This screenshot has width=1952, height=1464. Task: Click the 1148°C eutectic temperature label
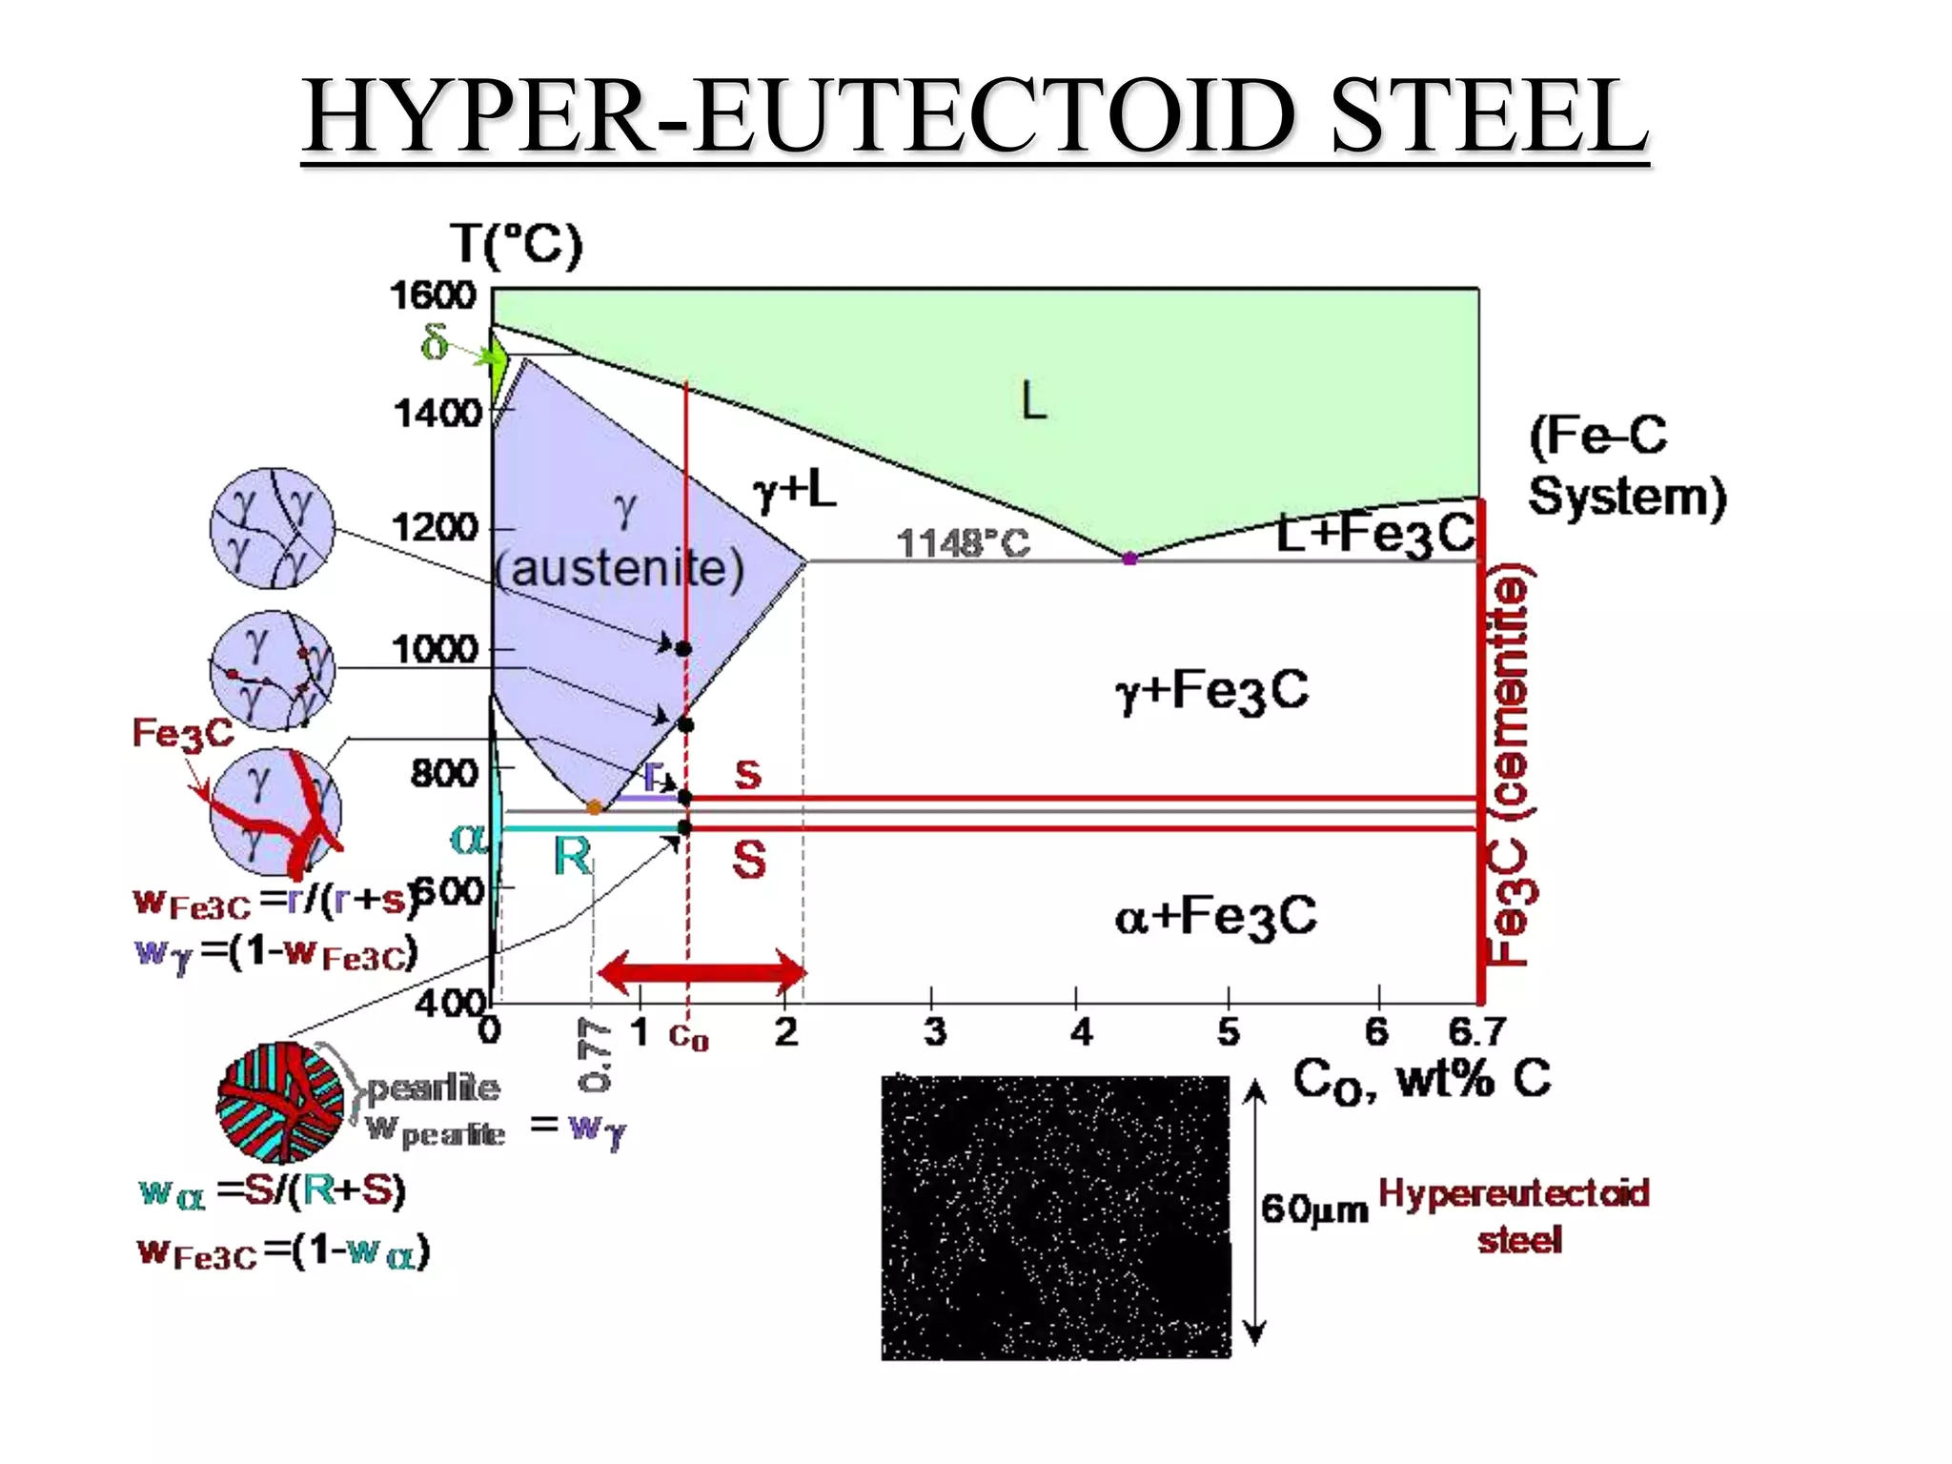(x=964, y=543)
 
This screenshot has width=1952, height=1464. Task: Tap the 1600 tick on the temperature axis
(x=433, y=295)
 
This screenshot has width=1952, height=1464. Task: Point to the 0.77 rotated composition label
(x=593, y=1055)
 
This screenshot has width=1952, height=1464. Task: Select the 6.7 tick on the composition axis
(x=1476, y=1031)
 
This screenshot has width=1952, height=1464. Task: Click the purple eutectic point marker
(x=1129, y=559)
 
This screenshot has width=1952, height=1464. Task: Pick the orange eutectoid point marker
(x=595, y=807)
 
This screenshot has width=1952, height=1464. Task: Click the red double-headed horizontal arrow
(x=702, y=972)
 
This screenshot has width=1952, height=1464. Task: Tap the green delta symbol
(x=435, y=341)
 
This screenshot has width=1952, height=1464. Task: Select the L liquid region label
(x=1034, y=400)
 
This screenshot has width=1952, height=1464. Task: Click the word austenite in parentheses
(x=620, y=569)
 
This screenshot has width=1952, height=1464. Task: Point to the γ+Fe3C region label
(x=1212, y=690)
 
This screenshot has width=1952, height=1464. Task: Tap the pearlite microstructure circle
(x=280, y=1102)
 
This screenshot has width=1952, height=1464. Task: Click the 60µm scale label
(x=1314, y=1209)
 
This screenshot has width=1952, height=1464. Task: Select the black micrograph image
(x=1055, y=1217)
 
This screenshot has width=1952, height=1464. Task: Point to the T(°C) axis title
(x=516, y=244)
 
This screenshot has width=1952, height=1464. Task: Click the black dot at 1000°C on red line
(x=683, y=649)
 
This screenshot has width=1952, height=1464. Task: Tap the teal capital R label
(x=572, y=856)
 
